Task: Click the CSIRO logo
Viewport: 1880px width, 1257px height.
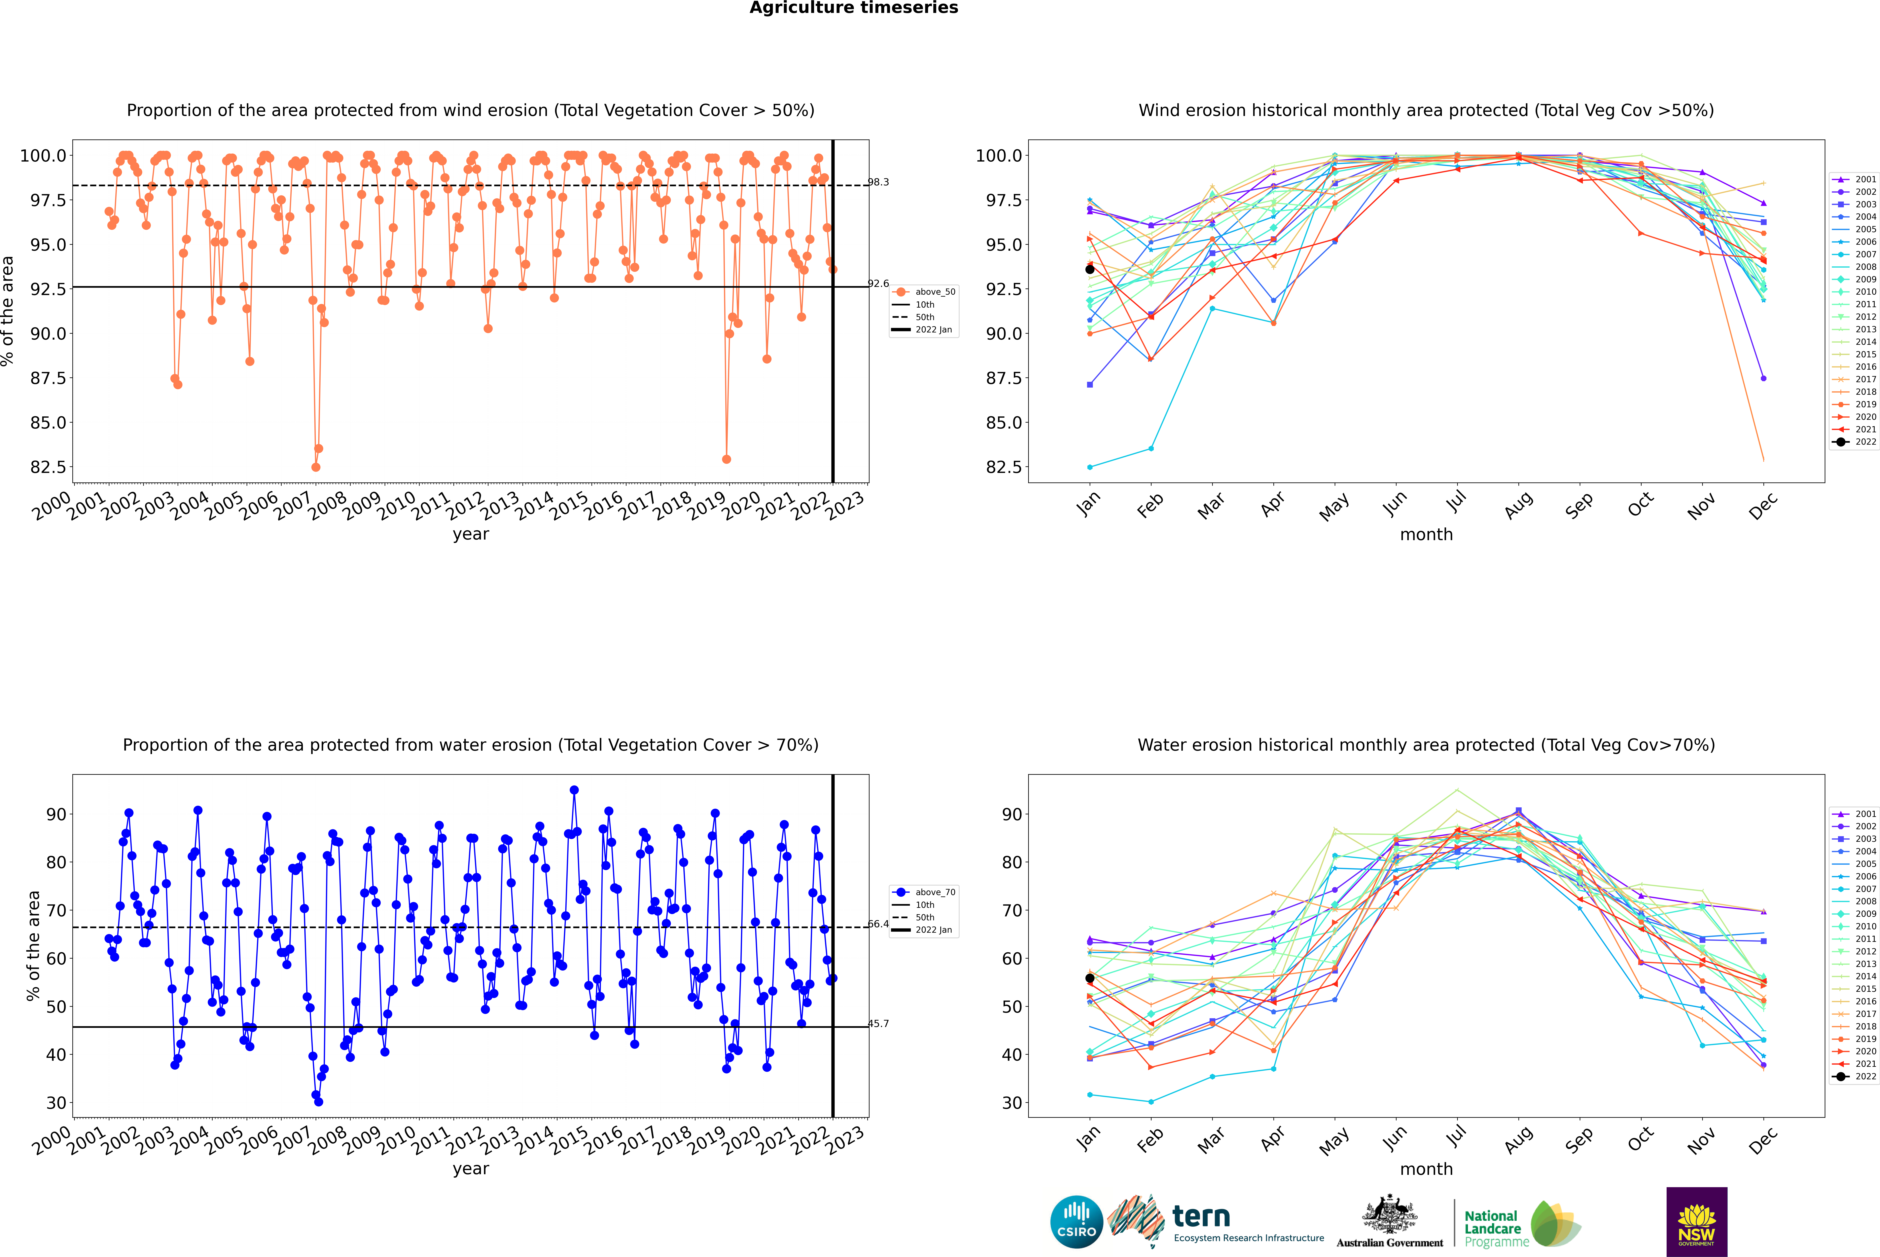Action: coord(1076,1222)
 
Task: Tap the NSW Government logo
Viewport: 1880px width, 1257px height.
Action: coord(1696,1222)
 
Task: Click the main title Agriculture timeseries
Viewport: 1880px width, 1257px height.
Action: coord(853,8)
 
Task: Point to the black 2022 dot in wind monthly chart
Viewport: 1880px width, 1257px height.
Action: coord(1089,269)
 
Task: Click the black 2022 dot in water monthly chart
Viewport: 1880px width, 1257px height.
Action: coord(1089,978)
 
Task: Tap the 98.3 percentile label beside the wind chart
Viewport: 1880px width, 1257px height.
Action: coord(878,182)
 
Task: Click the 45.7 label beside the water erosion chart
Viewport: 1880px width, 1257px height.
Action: coord(878,1024)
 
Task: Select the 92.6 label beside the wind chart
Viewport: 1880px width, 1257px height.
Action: coord(878,284)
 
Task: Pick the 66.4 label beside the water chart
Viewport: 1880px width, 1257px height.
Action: coord(878,924)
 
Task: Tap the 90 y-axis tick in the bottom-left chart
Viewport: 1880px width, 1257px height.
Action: coord(56,815)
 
